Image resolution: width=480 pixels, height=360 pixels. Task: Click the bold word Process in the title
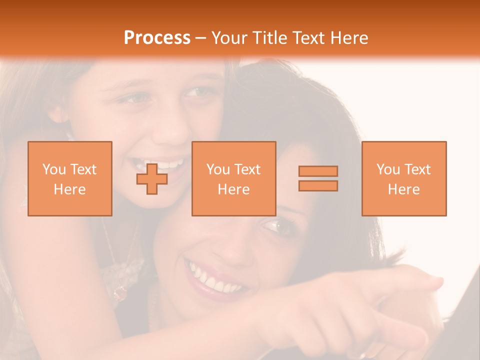coord(157,38)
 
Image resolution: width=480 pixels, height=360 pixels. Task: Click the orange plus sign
coord(152,178)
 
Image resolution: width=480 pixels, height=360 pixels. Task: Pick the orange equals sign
coord(318,178)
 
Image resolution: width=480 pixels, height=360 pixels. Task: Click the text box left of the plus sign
coord(70,178)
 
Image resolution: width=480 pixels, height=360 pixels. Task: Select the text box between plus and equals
coord(234,178)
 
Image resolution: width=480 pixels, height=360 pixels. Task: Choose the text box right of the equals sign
coord(404,178)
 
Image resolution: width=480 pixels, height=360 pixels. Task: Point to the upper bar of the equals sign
coord(318,171)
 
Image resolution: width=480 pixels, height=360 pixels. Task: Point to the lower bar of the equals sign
coord(318,186)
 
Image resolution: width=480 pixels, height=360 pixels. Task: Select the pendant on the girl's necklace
coord(120,293)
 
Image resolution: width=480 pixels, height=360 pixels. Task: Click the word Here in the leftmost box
coord(70,189)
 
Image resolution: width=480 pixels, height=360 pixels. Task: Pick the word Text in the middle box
coord(247,169)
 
